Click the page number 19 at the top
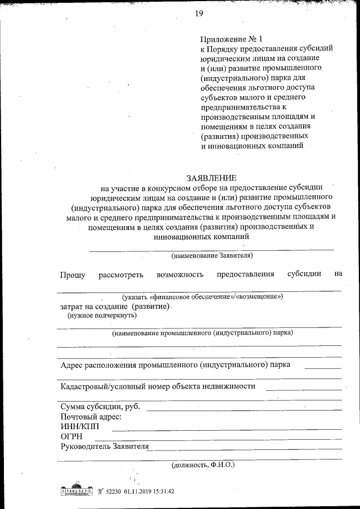click(199, 13)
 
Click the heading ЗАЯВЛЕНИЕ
click(211, 177)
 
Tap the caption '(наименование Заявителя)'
click(212, 255)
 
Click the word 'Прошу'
click(73, 274)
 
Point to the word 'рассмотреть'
click(121, 274)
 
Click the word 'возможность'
click(179, 274)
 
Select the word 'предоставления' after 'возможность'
click(245, 274)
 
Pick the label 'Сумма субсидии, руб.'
click(100, 407)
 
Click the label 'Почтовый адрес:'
click(91, 417)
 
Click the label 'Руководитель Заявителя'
click(105, 447)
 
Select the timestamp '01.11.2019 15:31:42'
click(145, 490)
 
